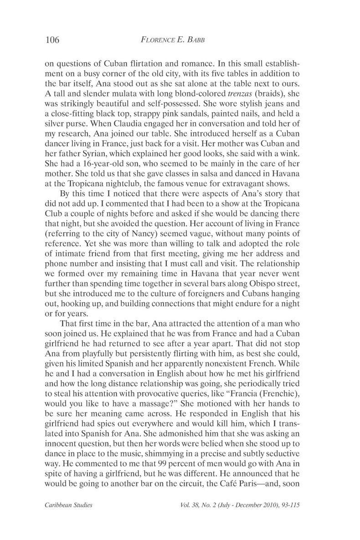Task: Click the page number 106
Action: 53,40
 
